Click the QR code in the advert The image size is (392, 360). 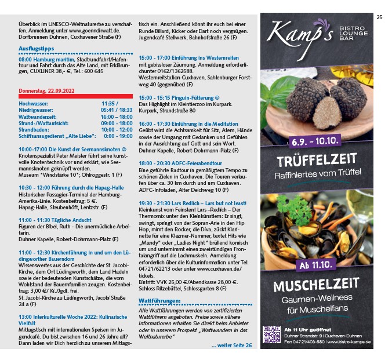pyautogui.click(x=271, y=334)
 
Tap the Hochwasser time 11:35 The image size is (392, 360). pyautogui.click(x=110, y=103)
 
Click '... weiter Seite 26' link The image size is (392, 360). pyautogui.click(x=231, y=345)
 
